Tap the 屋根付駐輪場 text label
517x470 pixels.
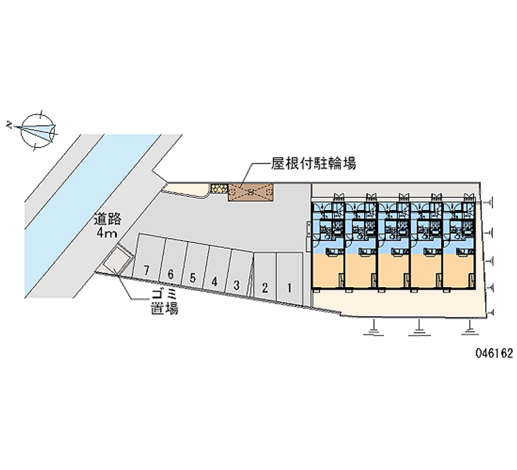tap(313, 164)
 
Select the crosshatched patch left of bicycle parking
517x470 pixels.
tap(218, 189)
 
